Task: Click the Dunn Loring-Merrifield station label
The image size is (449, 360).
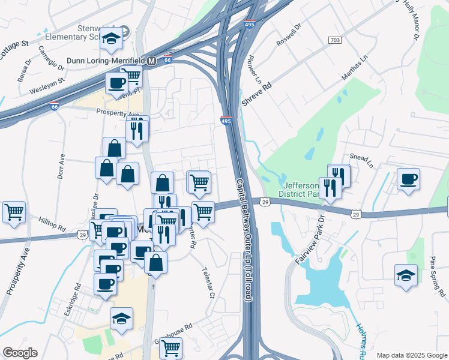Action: pyautogui.click(x=104, y=61)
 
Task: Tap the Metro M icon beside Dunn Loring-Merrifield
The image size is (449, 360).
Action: pyautogui.click(x=152, y=61)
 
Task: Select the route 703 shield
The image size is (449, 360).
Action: pyautogui.click(x=335, y=40)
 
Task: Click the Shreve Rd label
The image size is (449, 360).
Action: pyautogui.click(x=257, y=94)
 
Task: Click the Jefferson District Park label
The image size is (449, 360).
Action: pyautogui.click(x=302, y=190)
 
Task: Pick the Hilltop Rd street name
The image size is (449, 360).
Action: pyautogui.click(x=53, y=224)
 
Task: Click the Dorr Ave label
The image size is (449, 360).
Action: pyautogui.click(x=61, y=167)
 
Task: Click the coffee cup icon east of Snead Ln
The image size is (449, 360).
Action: pyautogui.click(x=408, y=179)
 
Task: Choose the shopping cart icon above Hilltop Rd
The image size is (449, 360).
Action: pyautogui.click(x=14, y=212)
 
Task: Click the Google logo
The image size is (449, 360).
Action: pyautogui.click(x=19, y=353)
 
